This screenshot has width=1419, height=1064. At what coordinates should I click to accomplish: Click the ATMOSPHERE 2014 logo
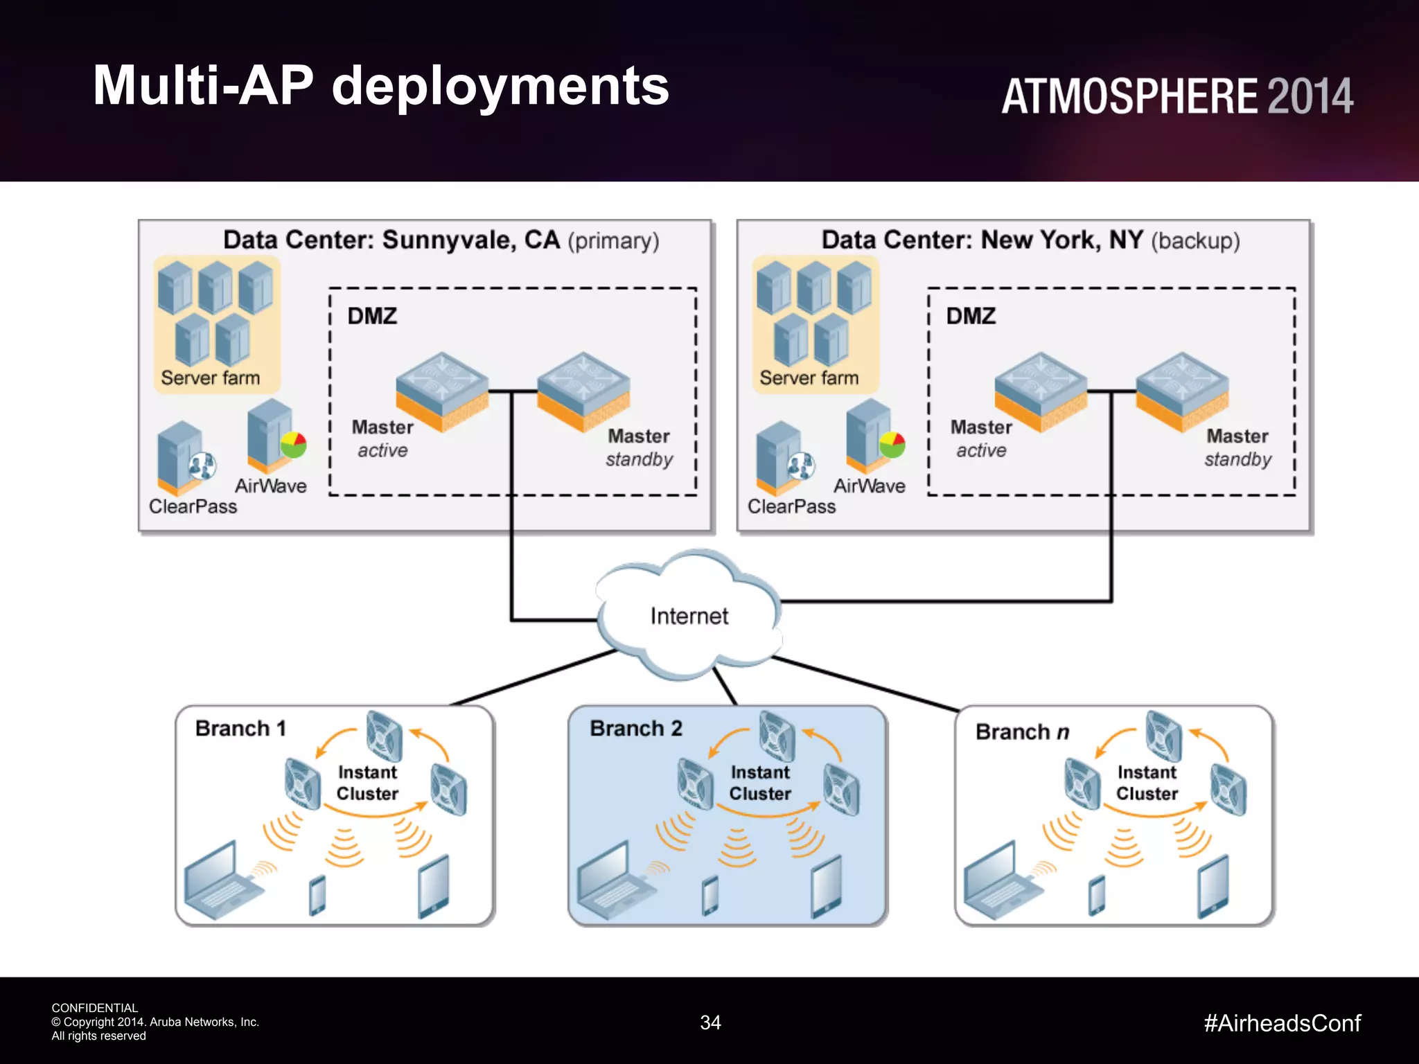click(x=1176, y=96)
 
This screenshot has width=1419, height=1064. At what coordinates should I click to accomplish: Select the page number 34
click(x=710, y=1022)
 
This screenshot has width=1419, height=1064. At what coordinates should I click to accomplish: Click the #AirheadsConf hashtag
click(x=1282, y=1023)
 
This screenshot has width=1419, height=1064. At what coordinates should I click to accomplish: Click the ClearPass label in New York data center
click(x=791, y=506)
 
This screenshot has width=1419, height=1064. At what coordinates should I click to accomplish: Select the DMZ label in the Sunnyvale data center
click(x=372, y=316)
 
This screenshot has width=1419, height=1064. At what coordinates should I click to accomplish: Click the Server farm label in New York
click(x=809, y=378)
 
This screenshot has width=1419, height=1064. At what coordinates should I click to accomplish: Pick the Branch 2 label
click(x=635, y=728)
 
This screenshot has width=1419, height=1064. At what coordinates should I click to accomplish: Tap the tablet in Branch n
click(x=1213, y=887)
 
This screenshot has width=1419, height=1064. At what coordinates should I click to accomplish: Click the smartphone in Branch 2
click(x=710, y=895)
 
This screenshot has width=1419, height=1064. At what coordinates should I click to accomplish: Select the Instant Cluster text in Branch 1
click(x=367, y=783)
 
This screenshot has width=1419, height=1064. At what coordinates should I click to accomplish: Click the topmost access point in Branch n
click(x=1163, y=736)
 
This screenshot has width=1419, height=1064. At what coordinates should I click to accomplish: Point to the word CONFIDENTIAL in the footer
click(x=95, y=1008)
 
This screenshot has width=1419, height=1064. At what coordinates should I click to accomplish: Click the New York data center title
click(x=1030, y=240)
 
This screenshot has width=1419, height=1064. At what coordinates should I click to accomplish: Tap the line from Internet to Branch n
click(x=866, y=684)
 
